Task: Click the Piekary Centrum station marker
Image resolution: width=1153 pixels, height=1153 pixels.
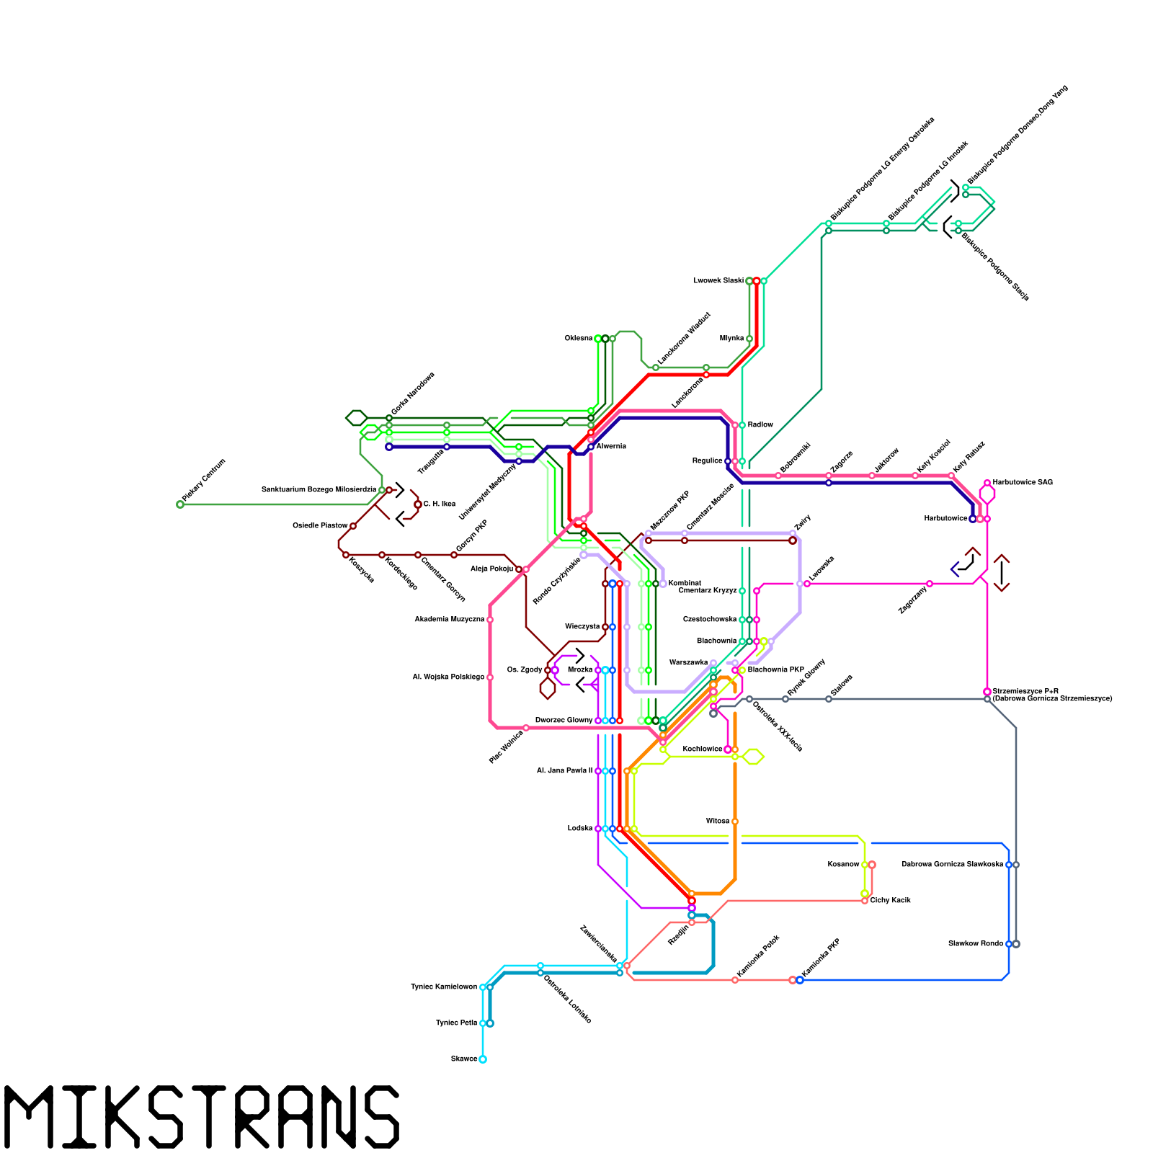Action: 180,504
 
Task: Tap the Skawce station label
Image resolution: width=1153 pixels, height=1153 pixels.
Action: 464,1059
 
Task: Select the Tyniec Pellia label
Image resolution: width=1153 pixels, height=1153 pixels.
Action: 456,1023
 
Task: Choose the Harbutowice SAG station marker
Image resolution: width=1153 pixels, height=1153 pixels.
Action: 987,483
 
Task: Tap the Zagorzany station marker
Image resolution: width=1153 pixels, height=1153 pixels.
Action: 930,584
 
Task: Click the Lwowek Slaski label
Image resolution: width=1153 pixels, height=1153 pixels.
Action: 718,281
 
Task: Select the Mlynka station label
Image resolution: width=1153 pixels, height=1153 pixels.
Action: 731,339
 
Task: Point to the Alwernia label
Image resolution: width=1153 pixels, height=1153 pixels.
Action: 611,447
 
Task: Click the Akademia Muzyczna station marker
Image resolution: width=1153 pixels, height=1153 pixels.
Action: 490,620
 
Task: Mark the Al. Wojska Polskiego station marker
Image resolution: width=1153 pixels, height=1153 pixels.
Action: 490,677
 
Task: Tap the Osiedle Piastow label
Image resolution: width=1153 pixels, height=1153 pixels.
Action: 319,526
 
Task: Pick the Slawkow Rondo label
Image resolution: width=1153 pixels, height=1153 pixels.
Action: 975,944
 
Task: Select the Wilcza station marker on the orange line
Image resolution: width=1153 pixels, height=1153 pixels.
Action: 735,822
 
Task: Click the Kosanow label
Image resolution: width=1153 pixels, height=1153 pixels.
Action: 843,865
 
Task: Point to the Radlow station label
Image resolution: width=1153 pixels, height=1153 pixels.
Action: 760,425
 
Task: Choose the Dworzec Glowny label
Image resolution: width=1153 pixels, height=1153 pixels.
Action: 564,721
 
